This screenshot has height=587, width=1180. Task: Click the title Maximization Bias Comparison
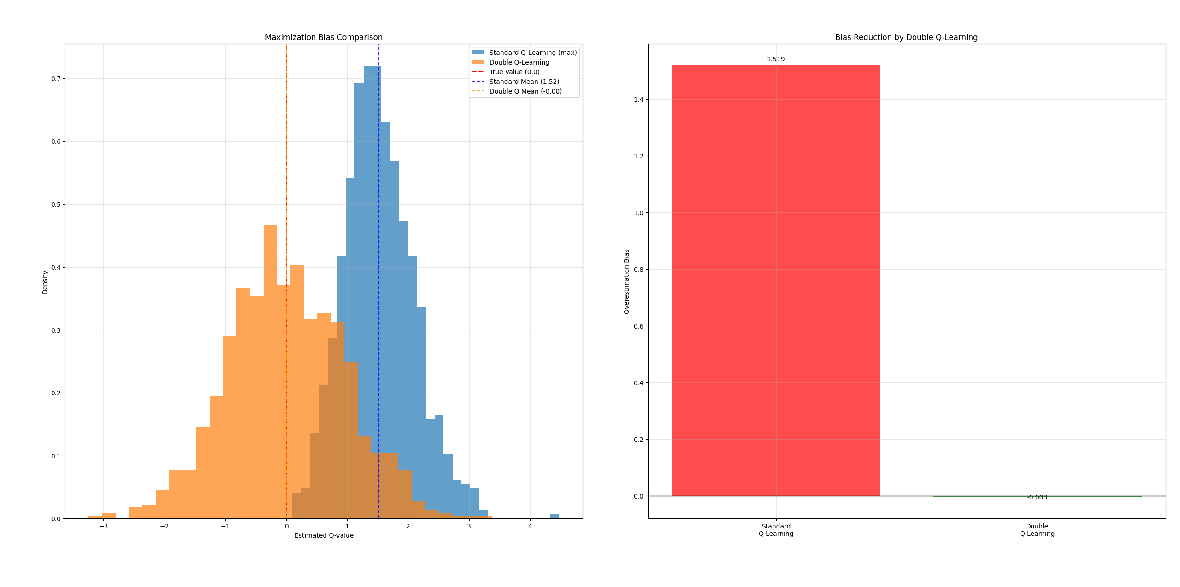[324, 37]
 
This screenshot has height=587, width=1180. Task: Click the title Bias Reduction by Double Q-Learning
[906, 37]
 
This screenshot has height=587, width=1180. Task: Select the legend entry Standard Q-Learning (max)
[532, 53]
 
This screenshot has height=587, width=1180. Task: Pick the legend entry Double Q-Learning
[519, 62]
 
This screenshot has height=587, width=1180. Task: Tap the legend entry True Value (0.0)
[514, 72]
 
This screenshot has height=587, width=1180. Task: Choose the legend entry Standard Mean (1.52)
[524, 82]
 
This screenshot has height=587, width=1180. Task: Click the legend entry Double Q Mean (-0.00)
[525, 91]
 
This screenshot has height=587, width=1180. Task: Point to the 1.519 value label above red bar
[776, 59]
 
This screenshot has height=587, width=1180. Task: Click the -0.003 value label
[1037, 497]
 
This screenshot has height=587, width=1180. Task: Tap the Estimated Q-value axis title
[324, 535]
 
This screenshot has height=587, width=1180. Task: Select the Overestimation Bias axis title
[626, 282]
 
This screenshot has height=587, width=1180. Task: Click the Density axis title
[45, 282]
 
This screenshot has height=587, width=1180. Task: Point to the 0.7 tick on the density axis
[56, 79]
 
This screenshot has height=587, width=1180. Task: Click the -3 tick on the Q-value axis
[103, 526]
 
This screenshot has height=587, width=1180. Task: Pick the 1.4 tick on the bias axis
[638, 100]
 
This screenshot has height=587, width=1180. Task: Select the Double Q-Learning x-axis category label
[1037, 530]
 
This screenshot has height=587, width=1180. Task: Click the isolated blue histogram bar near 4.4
[555, 516]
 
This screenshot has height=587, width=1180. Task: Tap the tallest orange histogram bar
[270, 369]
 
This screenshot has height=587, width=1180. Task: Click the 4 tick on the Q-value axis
[530, 526]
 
